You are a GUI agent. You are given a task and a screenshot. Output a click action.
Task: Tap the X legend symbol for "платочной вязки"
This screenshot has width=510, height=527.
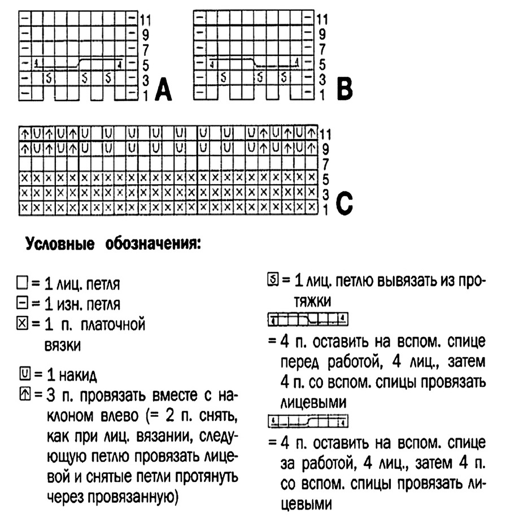23,325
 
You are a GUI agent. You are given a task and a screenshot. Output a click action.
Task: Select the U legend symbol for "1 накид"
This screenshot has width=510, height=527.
24,373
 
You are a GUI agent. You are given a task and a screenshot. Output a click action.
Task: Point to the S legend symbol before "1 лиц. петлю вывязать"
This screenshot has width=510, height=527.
273,280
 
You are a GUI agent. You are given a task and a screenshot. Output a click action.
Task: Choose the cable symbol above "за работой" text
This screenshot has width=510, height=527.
307,421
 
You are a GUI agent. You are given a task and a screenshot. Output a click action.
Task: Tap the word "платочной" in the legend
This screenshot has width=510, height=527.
113,325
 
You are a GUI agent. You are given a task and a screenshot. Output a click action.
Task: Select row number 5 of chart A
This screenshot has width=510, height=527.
143,64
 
